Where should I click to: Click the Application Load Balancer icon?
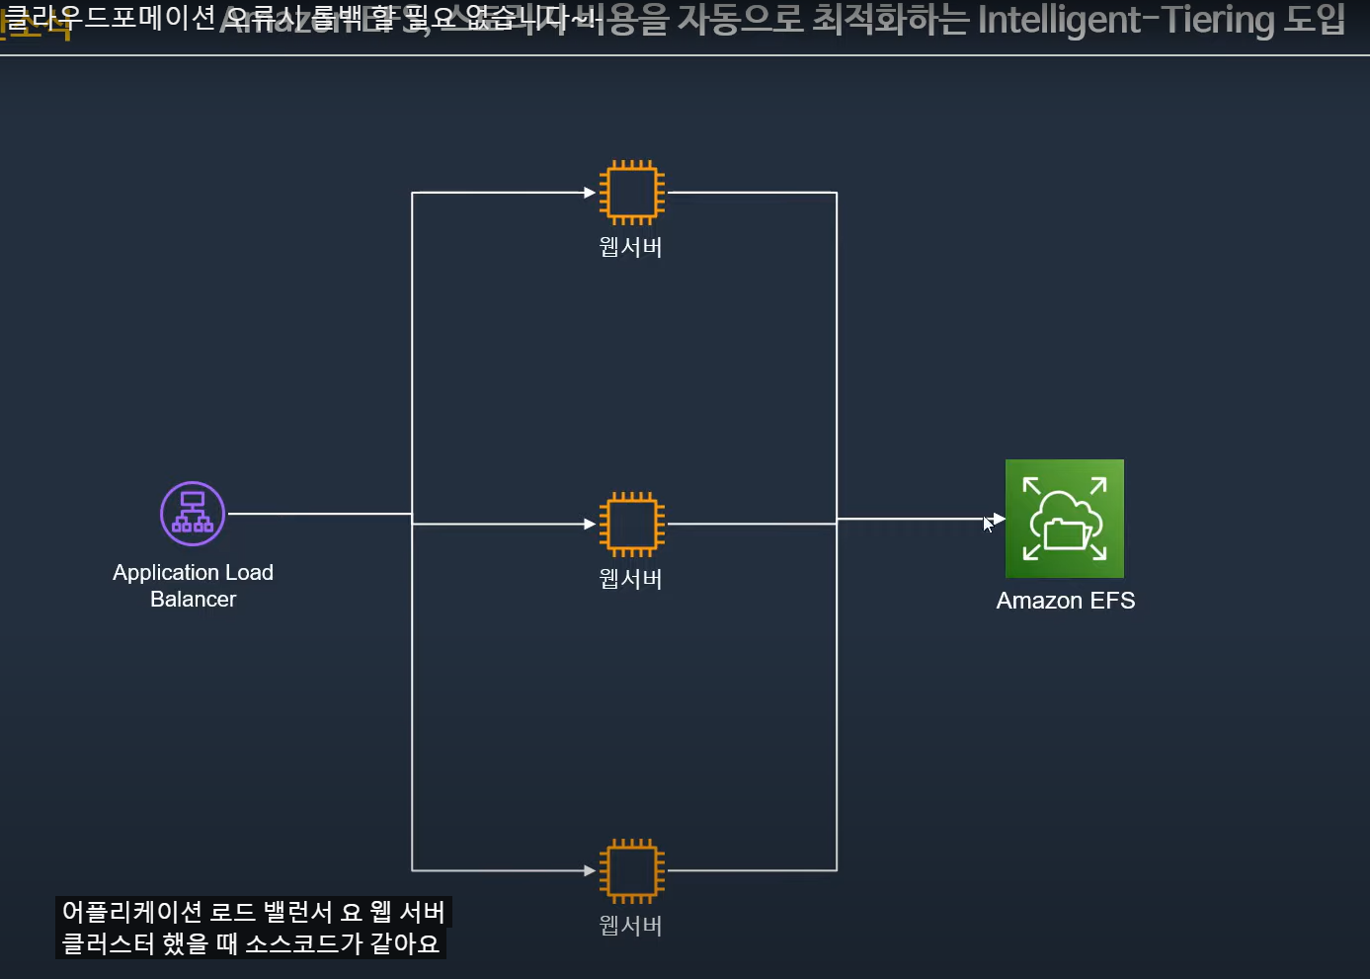pyautogui.click(x=193, y=514)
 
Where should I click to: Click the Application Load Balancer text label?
pyautogui.click(x=193, y=586)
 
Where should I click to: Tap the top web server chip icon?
pyautogui.click(x=631, y=193)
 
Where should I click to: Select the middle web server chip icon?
pyautogui.click(x=631, y=524)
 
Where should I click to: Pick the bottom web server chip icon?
pyautogui.click(x=631, y=870)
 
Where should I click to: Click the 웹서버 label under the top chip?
pyautogui.click(x=630, y=247)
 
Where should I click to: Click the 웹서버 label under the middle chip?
pyautogui.click(x=630, y=579)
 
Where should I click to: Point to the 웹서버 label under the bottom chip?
pyautogui.click(x=630, y=926)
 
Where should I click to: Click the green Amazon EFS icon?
pyautogui.click(x=1064, y=519)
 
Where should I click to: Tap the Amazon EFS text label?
pyautogui.click(x=1065, y=601)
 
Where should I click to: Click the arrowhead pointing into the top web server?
pyautogui.click(x=590, y=193)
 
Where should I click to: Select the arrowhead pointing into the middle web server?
pyautogui.click(x=590, y=524)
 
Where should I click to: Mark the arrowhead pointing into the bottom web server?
pyautogui.click(x=590, y=870)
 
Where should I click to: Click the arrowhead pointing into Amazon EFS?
pyautogui.click(x=999, y=519)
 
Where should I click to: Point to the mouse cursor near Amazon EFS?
pyautogui.click(x=987, y=524)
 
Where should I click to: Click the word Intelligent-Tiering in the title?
pyautogui.click(x=1126, y=20)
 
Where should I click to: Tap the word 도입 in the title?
pyautogui.click(x=1316, y=20)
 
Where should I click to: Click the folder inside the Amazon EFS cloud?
pyautogui.click(x=1066, y=533)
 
